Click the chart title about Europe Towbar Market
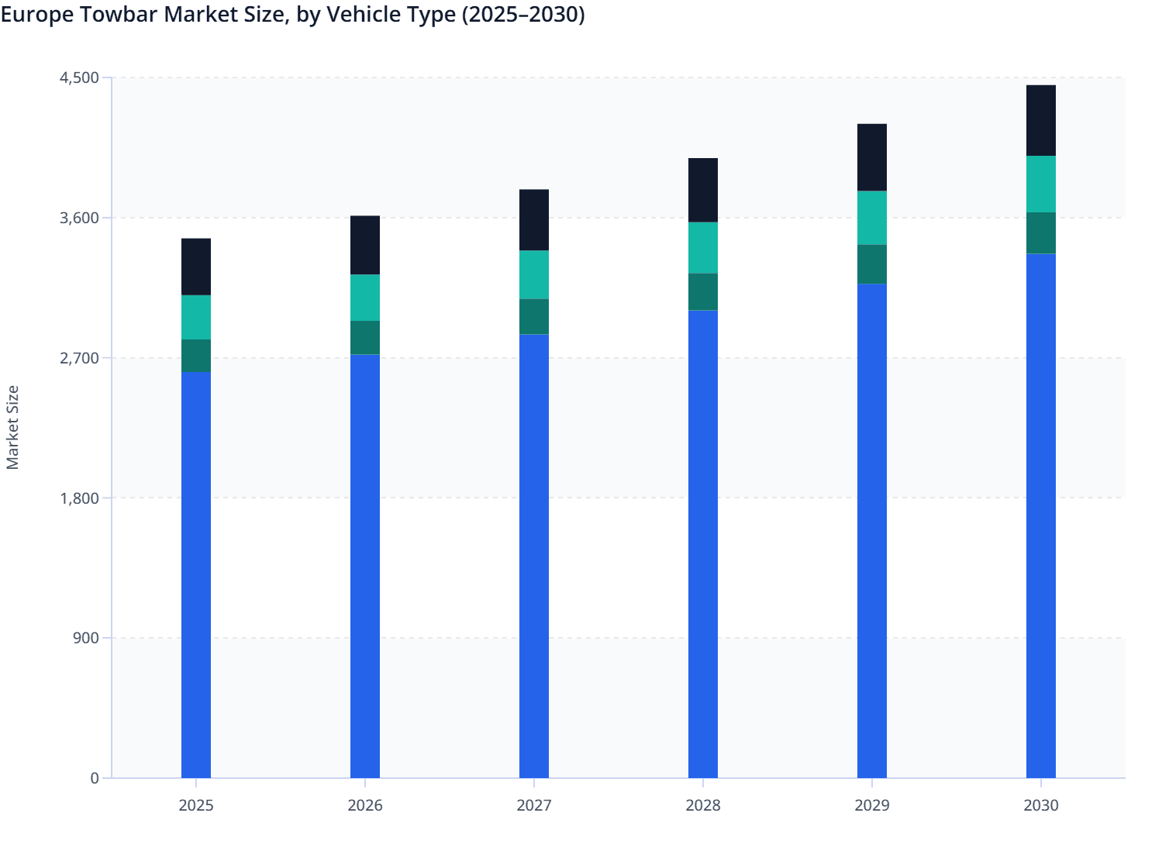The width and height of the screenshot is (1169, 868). [x=293, y=15]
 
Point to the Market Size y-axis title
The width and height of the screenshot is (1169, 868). [x=12, y=427]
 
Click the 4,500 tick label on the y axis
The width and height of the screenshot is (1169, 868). [x=79, y=77]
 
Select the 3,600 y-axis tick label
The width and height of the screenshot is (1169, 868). [x=79, y=218]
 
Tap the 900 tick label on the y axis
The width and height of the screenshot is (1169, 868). [x=84, y=638]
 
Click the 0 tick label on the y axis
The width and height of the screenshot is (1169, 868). [x=95, y=778]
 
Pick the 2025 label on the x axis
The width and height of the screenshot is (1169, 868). [x=196, y=805]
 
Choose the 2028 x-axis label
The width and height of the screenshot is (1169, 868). [x=703, y=805]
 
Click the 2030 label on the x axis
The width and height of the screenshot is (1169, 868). [x=1041, y=805]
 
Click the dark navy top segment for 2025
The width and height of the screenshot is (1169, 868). [x=196, y=267]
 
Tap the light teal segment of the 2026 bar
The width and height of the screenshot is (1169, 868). [x=365, y=298]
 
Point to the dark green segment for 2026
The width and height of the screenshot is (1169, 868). [x=365, y=338]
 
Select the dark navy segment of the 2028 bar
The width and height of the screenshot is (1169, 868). [x=703, y=190]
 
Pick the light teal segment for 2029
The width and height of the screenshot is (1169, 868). [x=872, y=218]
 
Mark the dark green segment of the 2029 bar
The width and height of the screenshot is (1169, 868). [x=872, y=264]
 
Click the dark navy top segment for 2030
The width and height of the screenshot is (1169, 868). [x=1041, y=120]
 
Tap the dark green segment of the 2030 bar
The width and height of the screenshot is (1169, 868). [x=1041, y=232]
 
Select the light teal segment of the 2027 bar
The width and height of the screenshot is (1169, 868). [x=534, y=274]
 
